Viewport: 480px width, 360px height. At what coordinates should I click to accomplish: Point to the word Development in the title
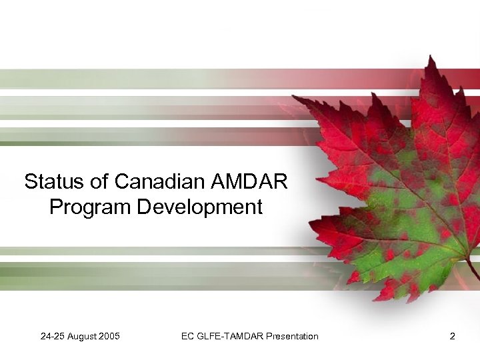coord(200,207)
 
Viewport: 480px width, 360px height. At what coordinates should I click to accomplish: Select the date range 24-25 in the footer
coord(53,336)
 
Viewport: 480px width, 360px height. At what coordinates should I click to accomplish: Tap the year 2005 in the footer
coord(109,336)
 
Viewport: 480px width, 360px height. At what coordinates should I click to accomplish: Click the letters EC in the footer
coord(188,336)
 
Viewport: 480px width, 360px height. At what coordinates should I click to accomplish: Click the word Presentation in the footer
coord(292,336)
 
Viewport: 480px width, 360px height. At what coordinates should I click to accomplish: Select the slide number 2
coord(453,336)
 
